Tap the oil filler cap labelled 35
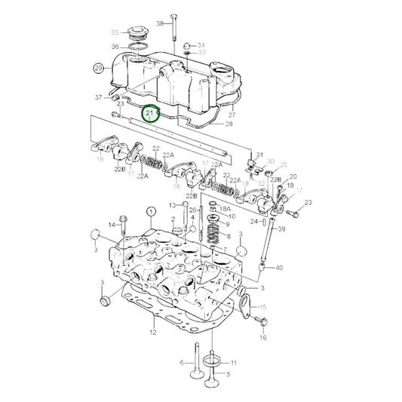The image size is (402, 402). coord(137,34)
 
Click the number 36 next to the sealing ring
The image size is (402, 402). coord(115,47)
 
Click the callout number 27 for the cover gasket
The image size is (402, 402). coord(232,115)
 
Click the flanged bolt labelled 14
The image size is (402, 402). coord(124,224)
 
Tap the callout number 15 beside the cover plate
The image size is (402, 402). coord(263,308)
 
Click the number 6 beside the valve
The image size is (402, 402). coord(182,363)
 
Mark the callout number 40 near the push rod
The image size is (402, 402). coord(280,267)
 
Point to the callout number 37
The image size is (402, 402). coord(98,97)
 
